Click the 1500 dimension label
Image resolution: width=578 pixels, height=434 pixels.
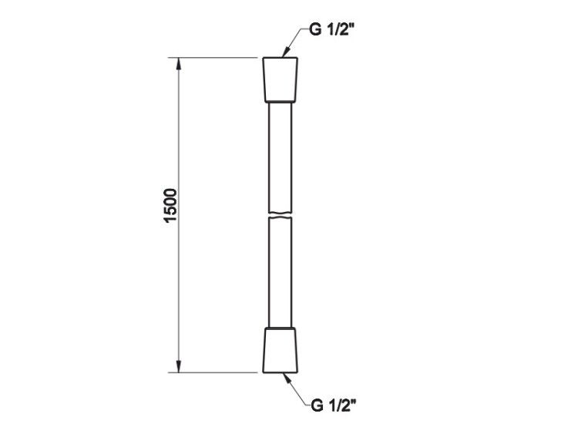point(170,205)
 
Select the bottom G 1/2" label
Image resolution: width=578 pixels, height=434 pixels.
point(334,405)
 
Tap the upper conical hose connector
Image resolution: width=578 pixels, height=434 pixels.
point(281,79)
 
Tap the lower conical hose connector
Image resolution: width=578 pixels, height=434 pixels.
point(281,350)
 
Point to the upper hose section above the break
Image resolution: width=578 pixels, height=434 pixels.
point(281,157)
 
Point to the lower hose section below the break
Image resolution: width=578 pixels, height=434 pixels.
point(281,272)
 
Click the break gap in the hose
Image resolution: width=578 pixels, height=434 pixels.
point(281,215)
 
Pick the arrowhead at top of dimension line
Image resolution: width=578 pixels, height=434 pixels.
point(179,64)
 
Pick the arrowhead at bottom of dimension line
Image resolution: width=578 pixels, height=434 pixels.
point(179,366)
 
